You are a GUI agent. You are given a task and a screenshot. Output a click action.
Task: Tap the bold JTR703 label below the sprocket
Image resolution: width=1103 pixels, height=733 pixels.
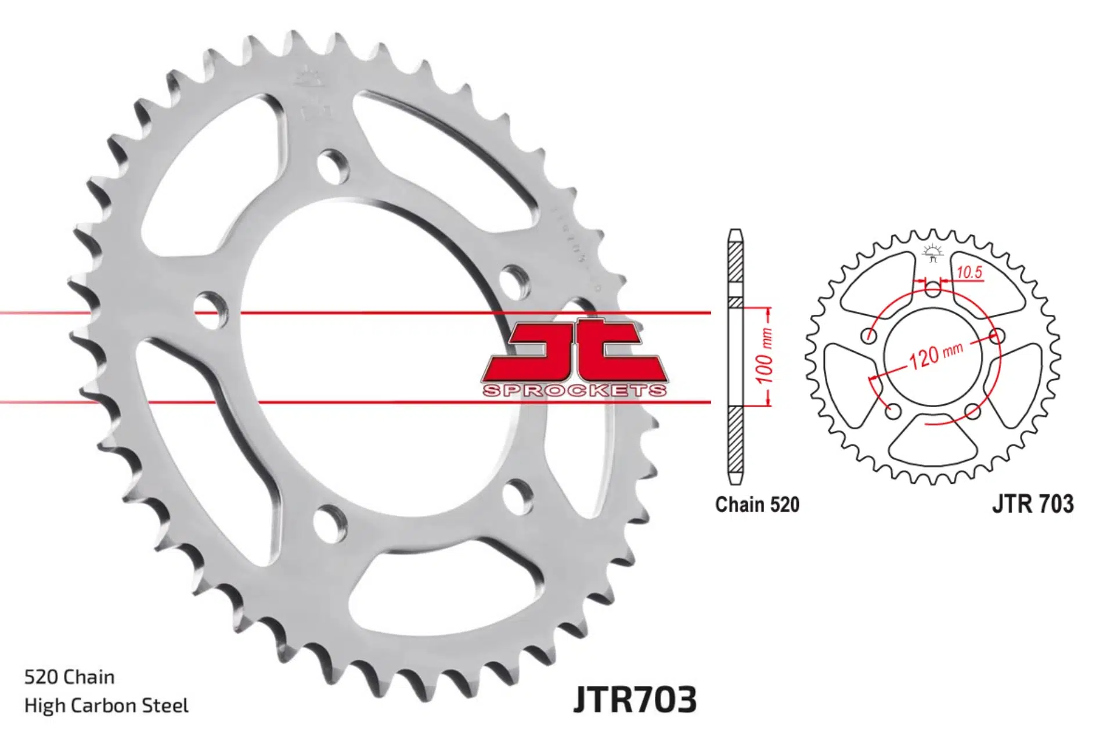pyautogui.click(x=635, y=699)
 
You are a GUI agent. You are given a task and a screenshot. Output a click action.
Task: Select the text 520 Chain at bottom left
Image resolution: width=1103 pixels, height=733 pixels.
pyautogui.click(x=69, y=677)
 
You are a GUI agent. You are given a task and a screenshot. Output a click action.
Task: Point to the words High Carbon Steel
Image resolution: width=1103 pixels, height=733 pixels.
pyautogui.click(x=106, y=706)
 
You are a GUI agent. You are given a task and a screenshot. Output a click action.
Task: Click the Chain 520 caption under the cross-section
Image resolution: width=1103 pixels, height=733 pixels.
pyautogui.click(x=757, y=504)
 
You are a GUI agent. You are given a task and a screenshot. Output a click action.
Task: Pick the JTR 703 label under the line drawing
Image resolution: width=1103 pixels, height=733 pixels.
pyautogui.click(x=1033, y=504)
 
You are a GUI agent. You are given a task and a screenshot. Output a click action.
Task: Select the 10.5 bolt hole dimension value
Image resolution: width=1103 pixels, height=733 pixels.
pyautogui.click(x=969, y=272)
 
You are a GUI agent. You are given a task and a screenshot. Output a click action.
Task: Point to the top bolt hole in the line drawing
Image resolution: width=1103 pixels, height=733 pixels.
pyautogui.click(x=932, y=289)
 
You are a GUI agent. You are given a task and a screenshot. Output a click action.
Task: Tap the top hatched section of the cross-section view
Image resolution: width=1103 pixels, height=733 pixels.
pyautogui.click(x=736, y=261)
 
